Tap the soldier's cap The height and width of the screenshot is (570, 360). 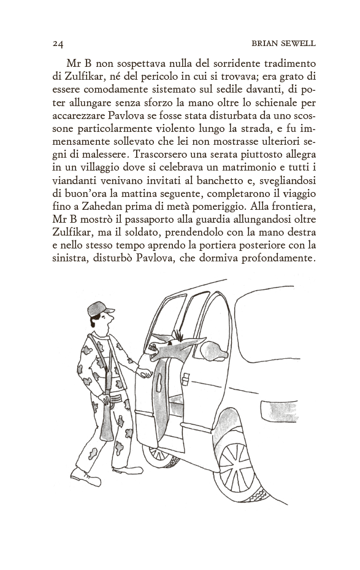coord(100,308)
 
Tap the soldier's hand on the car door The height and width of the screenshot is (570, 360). coord(145,372)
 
